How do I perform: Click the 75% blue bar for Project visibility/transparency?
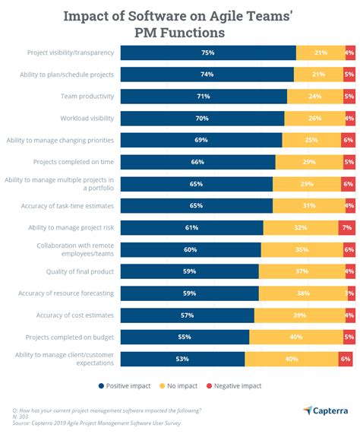(x=208, y=52)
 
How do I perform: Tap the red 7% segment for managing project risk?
(x=346, y=227)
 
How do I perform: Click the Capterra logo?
(x=328, y=410)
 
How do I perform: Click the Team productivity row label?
(x=87, y=97)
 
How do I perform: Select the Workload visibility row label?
(x=87, y=118)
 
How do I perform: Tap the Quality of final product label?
(x=80, y=271)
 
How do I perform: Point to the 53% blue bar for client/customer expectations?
(x=183, y=359)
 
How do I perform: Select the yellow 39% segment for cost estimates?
(x=299, y=315)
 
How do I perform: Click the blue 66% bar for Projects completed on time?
(x=198, y=162)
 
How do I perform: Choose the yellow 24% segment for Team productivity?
(x=315, y=97)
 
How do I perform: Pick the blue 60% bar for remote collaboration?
(x=191, y=249)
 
